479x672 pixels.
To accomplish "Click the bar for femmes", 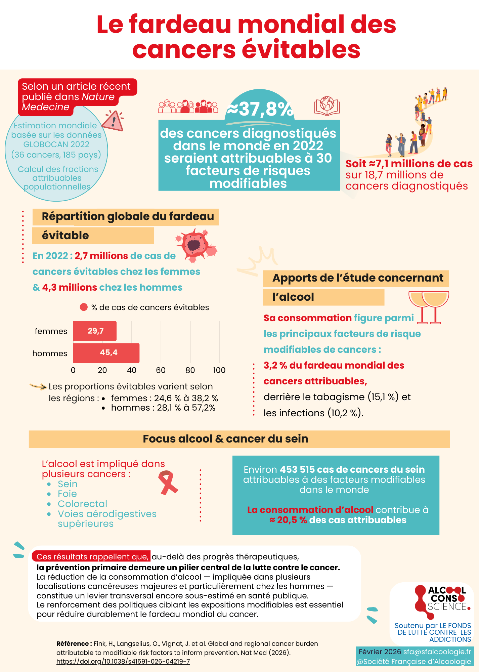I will coord(95,331).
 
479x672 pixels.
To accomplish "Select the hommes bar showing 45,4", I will coord(106,353).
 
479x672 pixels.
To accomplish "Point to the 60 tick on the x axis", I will coord(161,370).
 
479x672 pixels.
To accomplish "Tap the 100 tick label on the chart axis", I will coord(219,370).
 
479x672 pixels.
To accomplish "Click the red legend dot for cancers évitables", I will coord(84,307).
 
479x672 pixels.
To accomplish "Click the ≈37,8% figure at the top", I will coord(260,109).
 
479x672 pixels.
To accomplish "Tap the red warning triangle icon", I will coord(113,121).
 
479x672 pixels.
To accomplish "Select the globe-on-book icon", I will coord(327,106).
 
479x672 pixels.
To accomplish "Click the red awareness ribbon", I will coord(168,482).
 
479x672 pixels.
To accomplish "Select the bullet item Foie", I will coord(67,494).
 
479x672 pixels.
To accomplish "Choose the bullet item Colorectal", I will coord(82,504).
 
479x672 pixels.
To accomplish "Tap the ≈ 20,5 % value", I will coord(288,520).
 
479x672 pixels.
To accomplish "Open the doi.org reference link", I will coord(123,661).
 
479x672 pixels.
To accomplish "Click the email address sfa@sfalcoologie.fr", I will coord(437,652).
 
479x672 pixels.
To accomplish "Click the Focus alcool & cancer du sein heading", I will coord(225,439).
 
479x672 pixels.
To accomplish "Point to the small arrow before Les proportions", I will coord(38,386).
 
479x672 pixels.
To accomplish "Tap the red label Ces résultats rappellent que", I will coord(92,557).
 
